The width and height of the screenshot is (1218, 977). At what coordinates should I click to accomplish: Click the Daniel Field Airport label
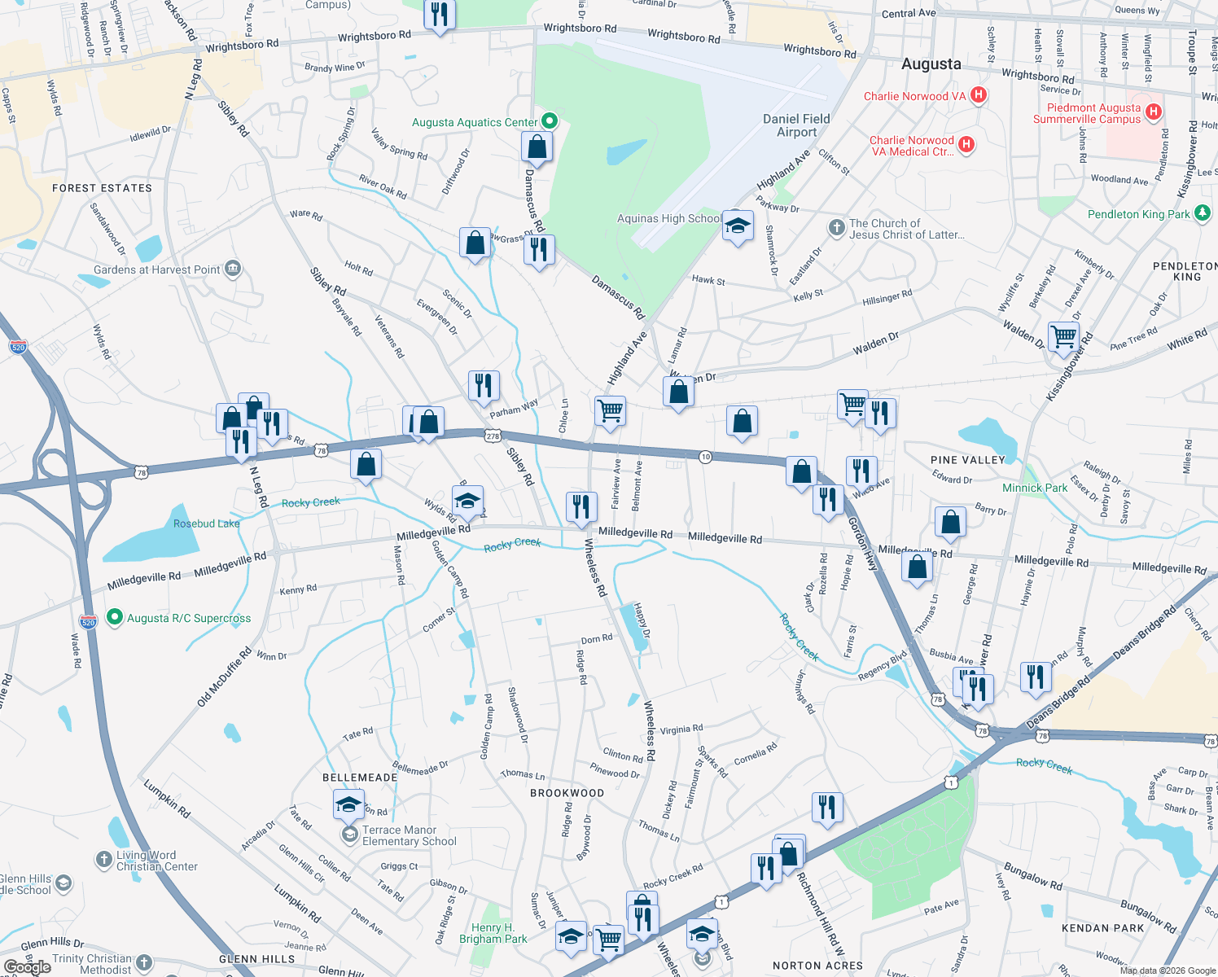coord(796,125)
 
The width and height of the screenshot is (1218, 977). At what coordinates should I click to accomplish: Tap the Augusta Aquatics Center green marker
coord(550,121)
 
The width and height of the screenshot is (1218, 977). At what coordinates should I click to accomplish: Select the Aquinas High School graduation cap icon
coord(738,226)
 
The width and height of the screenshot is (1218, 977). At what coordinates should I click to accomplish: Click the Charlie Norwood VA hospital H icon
coord(979,95)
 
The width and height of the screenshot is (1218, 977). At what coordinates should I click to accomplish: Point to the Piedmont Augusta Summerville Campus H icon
coord(1153,112)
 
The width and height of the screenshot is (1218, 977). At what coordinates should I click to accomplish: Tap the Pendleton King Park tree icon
coord(1202,214)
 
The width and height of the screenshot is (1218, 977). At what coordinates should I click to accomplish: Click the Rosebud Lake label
coord(206,524)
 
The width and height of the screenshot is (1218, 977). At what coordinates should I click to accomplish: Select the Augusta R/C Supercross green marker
coord(115,618)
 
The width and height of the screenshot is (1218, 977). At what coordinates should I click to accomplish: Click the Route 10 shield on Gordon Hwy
coord(705,457)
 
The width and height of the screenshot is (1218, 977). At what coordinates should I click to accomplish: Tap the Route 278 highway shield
coord(493,436)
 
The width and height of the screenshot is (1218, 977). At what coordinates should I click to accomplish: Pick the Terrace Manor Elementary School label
coord(409,835)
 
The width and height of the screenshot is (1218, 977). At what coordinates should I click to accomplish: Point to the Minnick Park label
coord(1034,488)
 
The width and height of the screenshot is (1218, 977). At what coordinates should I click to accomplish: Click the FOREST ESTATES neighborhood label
coord(102,188)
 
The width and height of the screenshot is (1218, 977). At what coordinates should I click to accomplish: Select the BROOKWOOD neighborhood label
coord(567,793)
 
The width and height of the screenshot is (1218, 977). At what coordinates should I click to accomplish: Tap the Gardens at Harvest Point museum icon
coord(233,269)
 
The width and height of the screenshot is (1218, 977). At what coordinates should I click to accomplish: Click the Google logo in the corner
coord(28,966)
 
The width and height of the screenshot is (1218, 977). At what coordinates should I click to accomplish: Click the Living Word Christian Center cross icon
coord(103,860)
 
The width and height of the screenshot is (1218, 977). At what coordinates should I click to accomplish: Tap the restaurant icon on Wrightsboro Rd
coord(440,14)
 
